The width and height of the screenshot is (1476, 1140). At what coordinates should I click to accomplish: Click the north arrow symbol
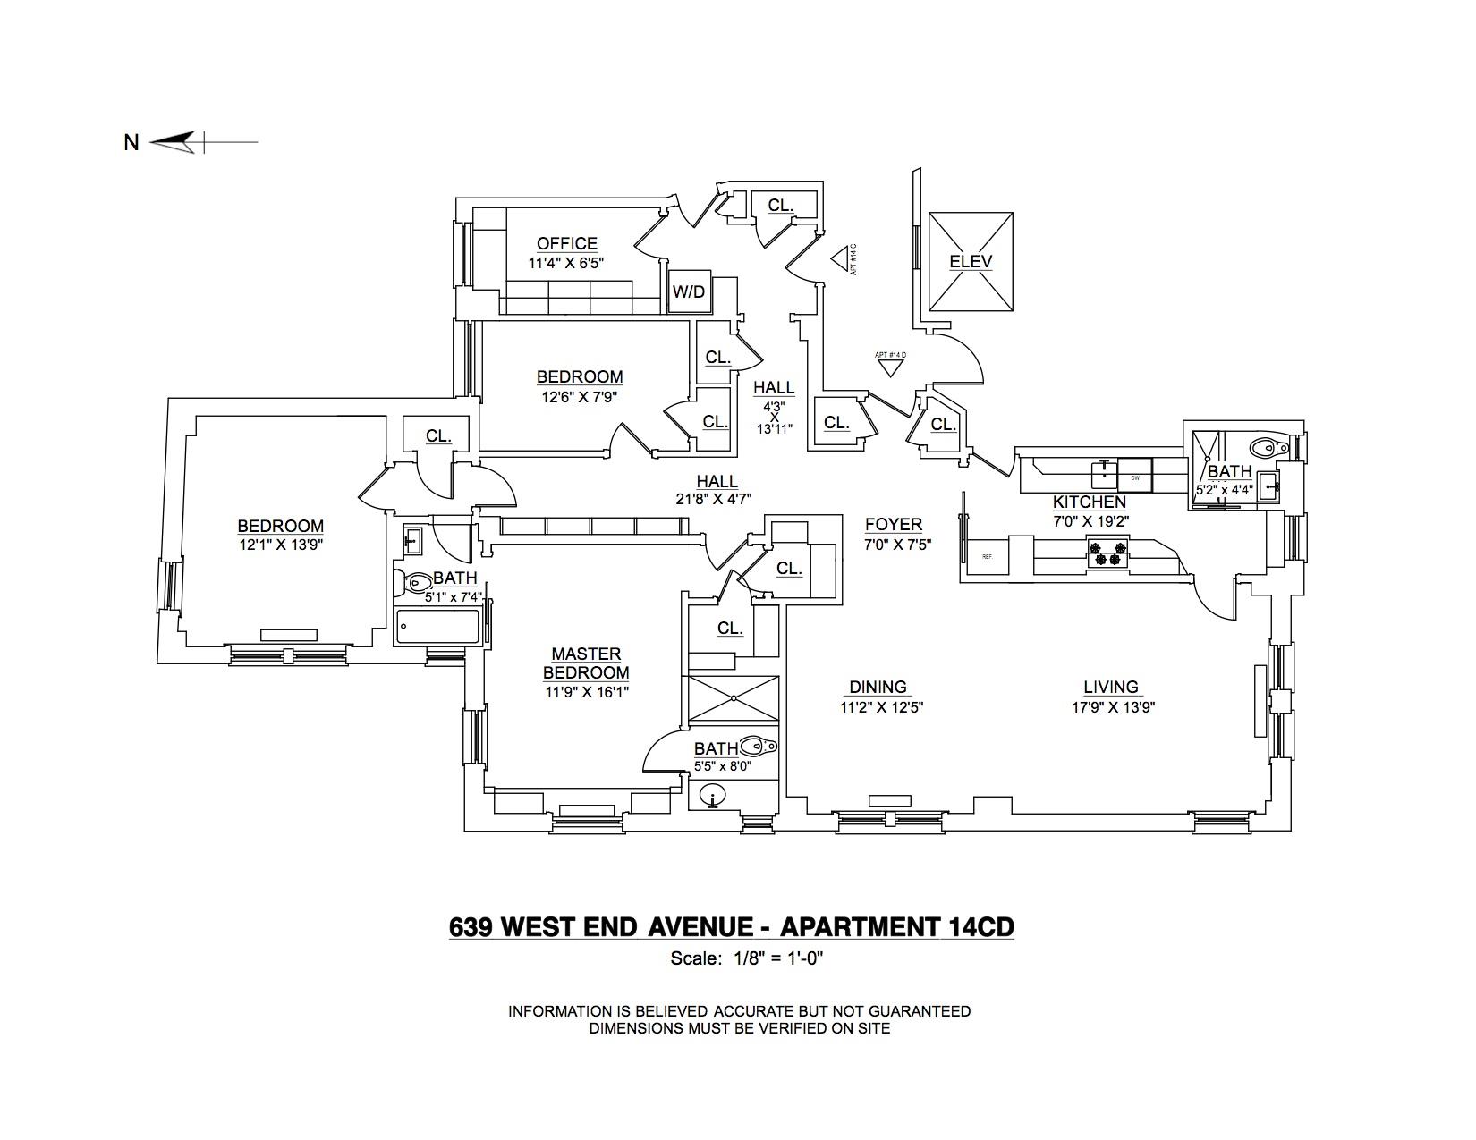173,141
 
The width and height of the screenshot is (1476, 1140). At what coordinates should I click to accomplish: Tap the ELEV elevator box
971,262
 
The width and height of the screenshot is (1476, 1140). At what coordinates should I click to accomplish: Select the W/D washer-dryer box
689,291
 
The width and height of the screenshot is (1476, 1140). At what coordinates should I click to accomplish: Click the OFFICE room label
566,243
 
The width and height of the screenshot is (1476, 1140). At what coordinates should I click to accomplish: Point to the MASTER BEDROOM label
586,663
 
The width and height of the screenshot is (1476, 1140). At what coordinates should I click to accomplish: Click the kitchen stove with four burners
1107,553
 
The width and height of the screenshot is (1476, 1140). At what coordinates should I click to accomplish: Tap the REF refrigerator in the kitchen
987,557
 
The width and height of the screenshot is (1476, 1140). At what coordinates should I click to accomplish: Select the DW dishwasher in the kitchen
1135,477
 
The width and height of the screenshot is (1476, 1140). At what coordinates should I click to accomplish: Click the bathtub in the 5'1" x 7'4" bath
438,627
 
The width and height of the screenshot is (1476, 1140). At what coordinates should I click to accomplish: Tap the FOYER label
893,525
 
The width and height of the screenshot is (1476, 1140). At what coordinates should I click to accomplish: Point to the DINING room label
878,687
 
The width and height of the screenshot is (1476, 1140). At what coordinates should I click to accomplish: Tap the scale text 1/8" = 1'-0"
776,959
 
